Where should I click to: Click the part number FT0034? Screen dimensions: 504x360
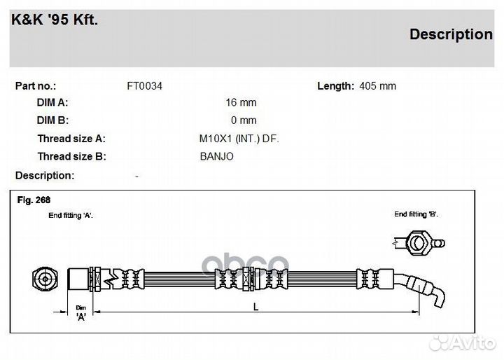coord(145,86)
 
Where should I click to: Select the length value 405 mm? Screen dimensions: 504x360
coord(378,86)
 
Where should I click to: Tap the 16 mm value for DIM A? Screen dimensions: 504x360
coord(241,103)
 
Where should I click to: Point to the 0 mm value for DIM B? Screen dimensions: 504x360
coord(244,120)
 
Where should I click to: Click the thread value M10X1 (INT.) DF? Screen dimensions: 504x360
coord(239,139)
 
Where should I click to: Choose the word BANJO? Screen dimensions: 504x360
coord(216,156)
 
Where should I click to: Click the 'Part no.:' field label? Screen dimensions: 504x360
coord(36,86)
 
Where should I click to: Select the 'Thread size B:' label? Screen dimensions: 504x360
coord(71,156)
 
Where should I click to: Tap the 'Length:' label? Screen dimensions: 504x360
coord(335,86)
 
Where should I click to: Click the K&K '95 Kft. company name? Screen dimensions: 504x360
coord(55,20)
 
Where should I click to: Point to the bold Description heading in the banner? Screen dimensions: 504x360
coord(451,34)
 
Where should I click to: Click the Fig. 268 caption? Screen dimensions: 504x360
coord(34,200)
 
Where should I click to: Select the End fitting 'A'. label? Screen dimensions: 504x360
coord(71,215)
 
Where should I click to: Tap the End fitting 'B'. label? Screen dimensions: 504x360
coord(416,214)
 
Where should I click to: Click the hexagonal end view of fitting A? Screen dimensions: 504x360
coord(45,279)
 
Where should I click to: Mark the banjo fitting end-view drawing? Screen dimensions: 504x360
coord(419,243)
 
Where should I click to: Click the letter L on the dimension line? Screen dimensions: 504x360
coord(256,307)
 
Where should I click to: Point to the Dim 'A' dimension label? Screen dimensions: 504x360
coord(81,313)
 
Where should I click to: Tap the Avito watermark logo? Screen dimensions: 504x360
coord(463,343)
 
